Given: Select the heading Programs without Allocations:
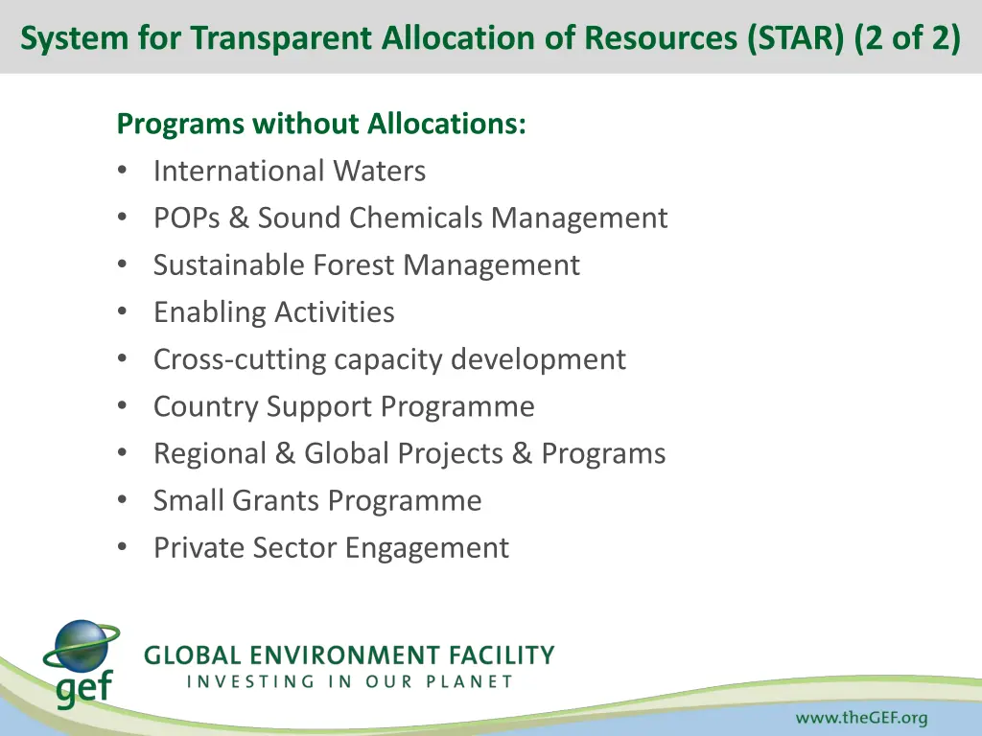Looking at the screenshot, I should (x=320, y=124).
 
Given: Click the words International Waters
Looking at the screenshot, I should (x=289, y=172).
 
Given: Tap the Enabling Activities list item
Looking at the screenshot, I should (x=273, y=312).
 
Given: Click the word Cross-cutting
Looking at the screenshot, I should (x=240, y=359).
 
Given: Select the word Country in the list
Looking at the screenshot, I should (x=206, y=406).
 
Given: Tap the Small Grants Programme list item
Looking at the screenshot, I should (x=316, y=500).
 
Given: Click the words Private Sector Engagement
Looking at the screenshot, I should (x=331, y=547).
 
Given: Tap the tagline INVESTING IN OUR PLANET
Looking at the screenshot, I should (x=349, y=682).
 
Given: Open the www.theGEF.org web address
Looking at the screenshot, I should (x=860, y=718).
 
